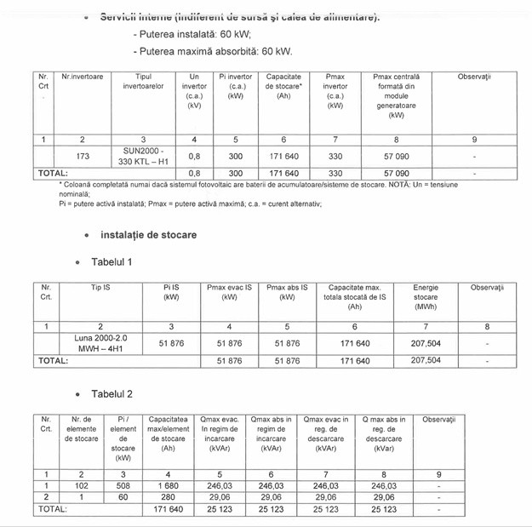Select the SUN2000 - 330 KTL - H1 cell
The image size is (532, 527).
(x=143, y=156)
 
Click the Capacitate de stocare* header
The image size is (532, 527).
(x=284, y=86)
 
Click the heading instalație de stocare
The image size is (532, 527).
(x=148, y=234)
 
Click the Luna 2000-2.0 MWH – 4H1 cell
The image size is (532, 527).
(x=100, y=343)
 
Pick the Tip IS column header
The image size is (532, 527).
(x=100, y=288)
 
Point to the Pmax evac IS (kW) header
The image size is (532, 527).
(x=230, y=293)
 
